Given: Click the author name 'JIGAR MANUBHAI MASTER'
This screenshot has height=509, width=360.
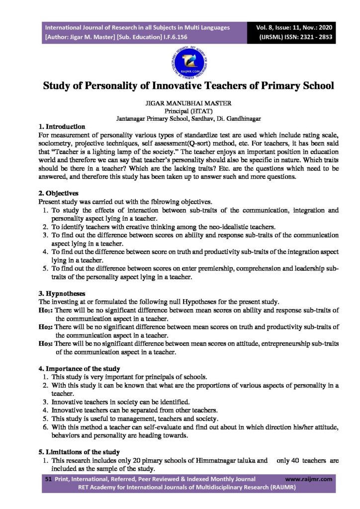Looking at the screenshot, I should pos(180,104).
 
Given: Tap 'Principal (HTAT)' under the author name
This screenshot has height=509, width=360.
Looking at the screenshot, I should pos(180,112).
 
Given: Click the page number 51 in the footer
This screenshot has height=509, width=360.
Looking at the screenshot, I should pos(48,479).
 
